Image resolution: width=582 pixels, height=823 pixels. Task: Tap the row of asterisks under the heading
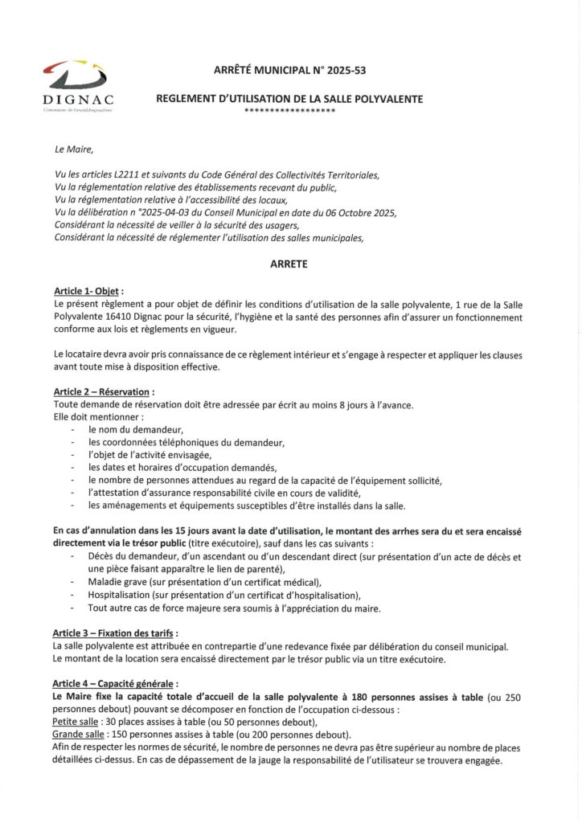point(289,109)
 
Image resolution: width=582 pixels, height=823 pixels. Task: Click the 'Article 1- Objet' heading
point(88,290)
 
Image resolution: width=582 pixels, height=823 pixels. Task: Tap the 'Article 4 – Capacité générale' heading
point(113,683)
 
